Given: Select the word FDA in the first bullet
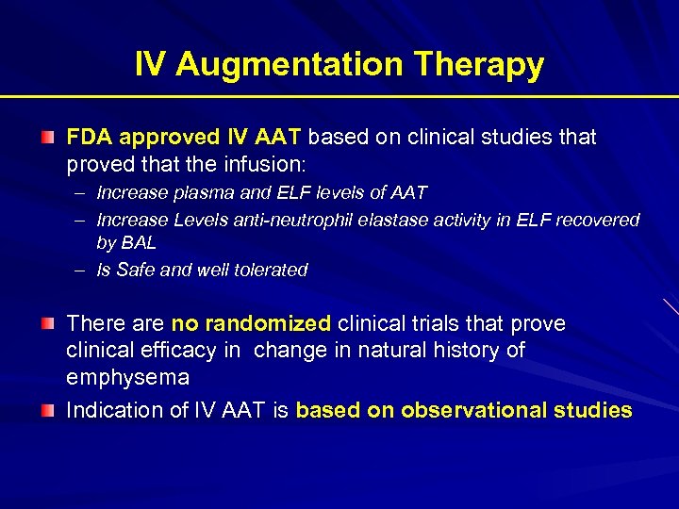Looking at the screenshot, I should tap(89, 138).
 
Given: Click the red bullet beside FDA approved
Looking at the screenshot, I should tap(47, 139).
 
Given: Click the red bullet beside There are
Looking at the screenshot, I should tap(47, 324).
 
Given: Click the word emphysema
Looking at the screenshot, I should tap(127, 378).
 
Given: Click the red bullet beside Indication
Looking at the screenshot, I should tap(47, 411).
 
